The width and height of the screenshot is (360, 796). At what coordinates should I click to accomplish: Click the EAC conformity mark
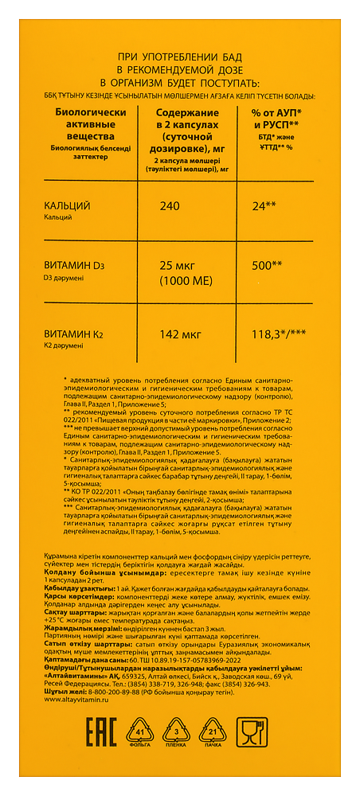tap(76, 737)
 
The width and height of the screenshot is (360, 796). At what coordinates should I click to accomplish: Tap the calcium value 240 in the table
tap(170, 206)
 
